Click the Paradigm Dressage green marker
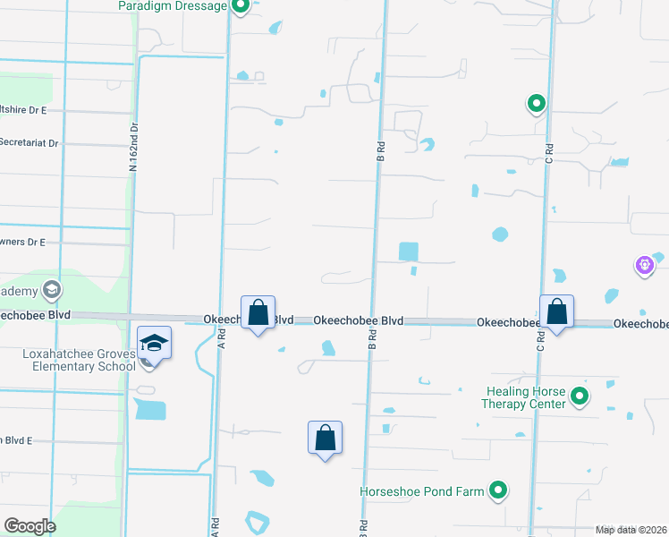[240, 7]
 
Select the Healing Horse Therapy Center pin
[580, 395]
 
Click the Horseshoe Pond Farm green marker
[498, 490]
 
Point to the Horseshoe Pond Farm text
[422, 491]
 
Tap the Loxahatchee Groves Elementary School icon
[154, 345]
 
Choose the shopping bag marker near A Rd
[258, 313]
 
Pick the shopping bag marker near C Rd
[556, 313]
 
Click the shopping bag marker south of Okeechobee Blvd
[325, 439]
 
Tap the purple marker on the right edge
[644, 265]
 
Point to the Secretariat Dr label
[29, 142]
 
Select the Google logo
[30, 526]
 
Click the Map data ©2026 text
[631, 530]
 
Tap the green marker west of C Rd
[536, 104]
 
